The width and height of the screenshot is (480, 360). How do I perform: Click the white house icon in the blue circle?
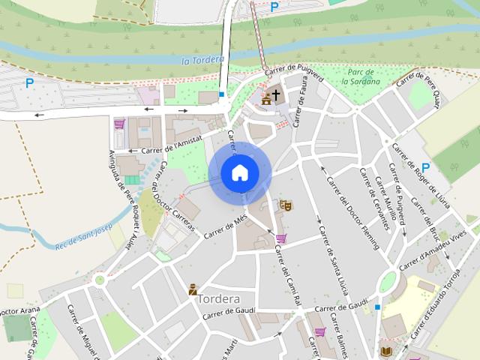point(240,173)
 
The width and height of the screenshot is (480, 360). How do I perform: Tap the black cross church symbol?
point(276,94)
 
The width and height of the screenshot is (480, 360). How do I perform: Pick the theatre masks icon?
point(285,204)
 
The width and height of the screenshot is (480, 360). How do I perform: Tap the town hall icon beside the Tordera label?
point(193,289)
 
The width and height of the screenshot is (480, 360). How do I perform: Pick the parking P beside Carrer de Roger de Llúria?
point(425,167)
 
